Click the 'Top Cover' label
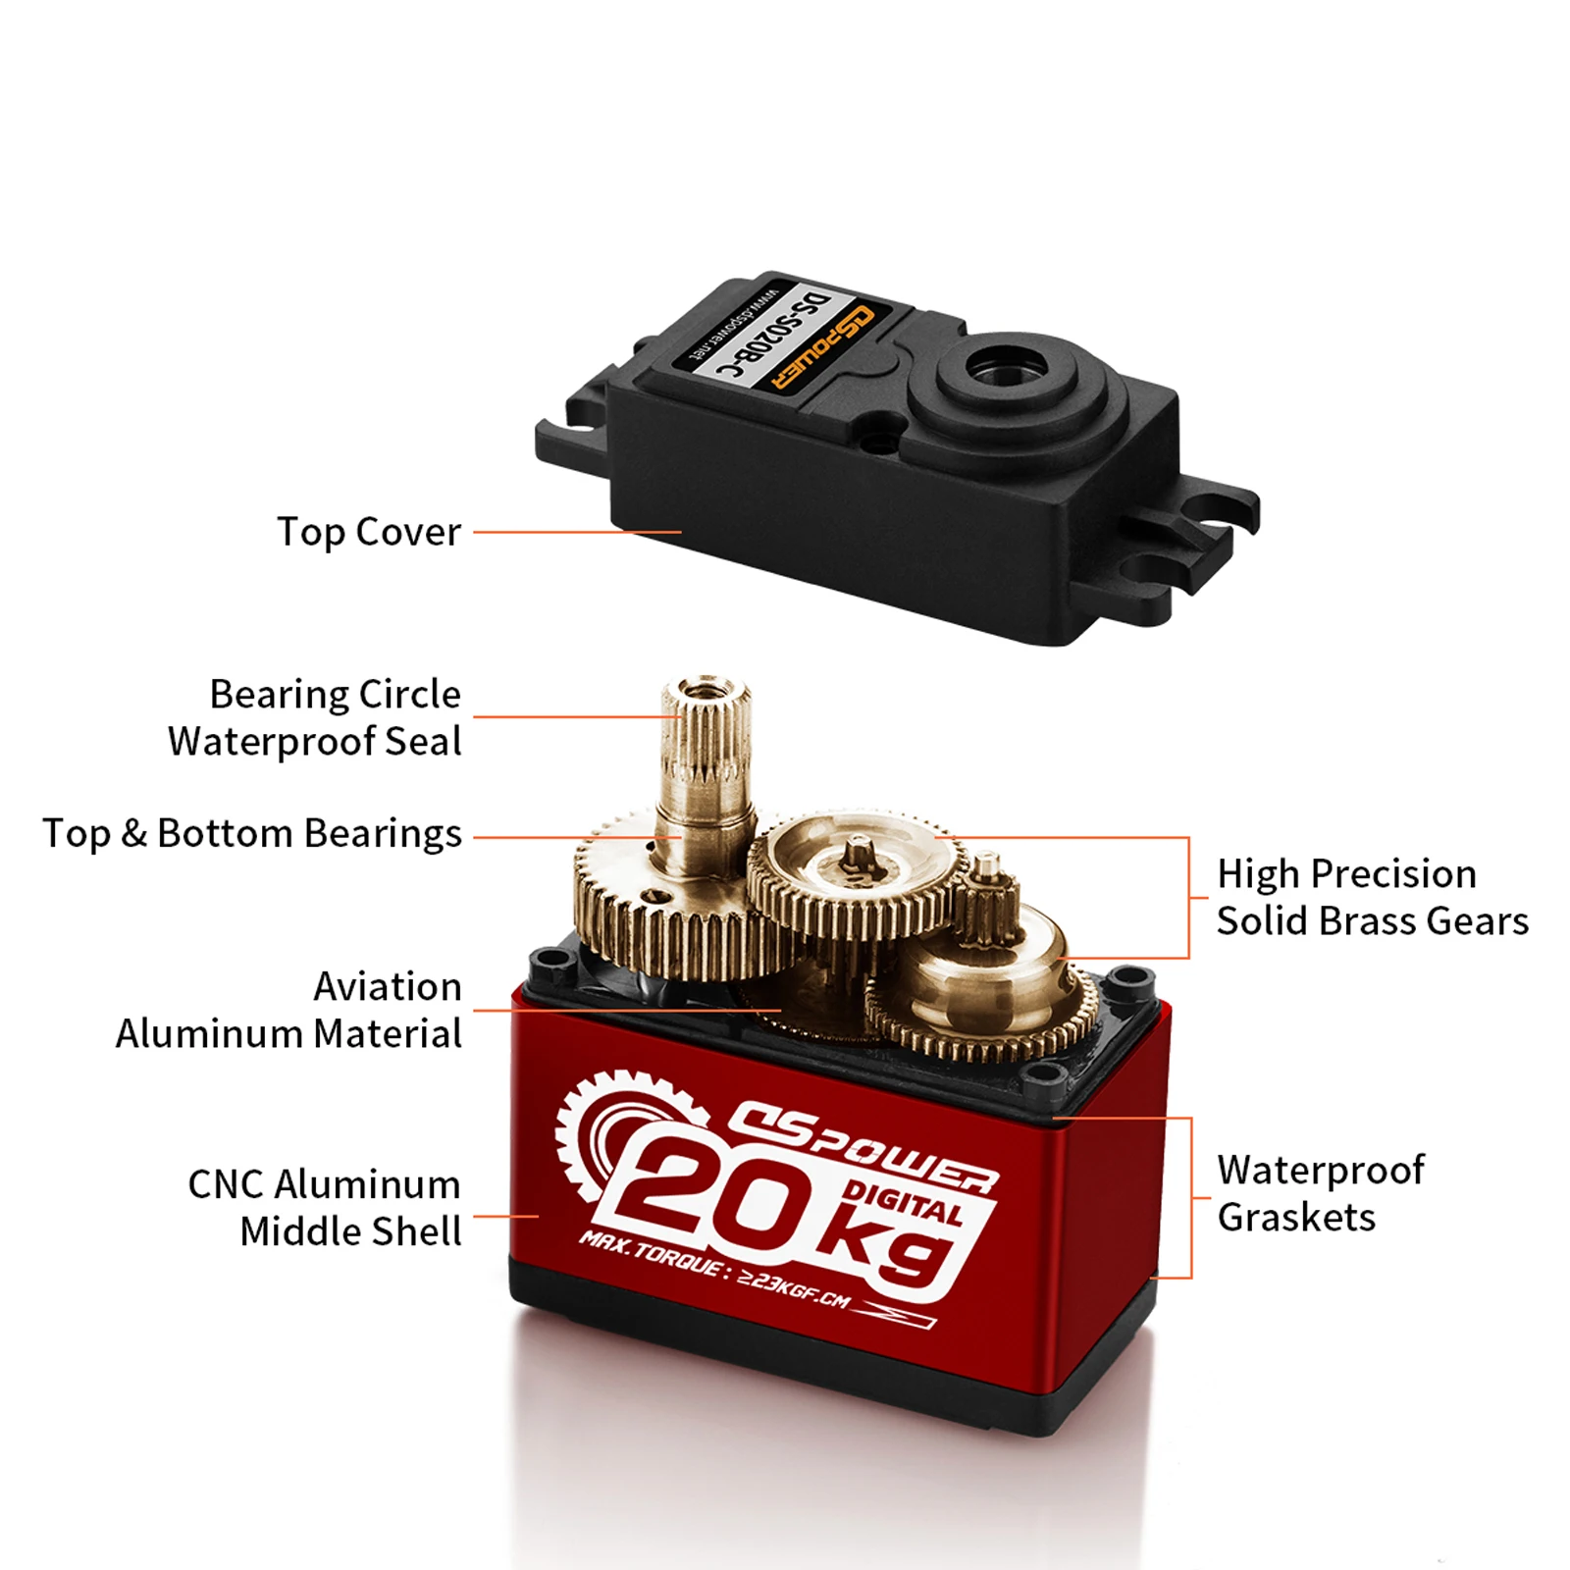click(x=368, y=532)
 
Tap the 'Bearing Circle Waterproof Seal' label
click(x=314, y=717)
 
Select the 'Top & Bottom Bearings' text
click(x=251, y=833)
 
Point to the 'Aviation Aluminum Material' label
click(x=288, y=1010)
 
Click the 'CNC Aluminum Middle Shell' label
click(x=324, y=1207)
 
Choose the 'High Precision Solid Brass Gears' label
click(x=1372, y=897)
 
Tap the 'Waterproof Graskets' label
click(x=1320, y=1193)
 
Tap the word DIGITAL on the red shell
click(x=903, y=1204)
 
